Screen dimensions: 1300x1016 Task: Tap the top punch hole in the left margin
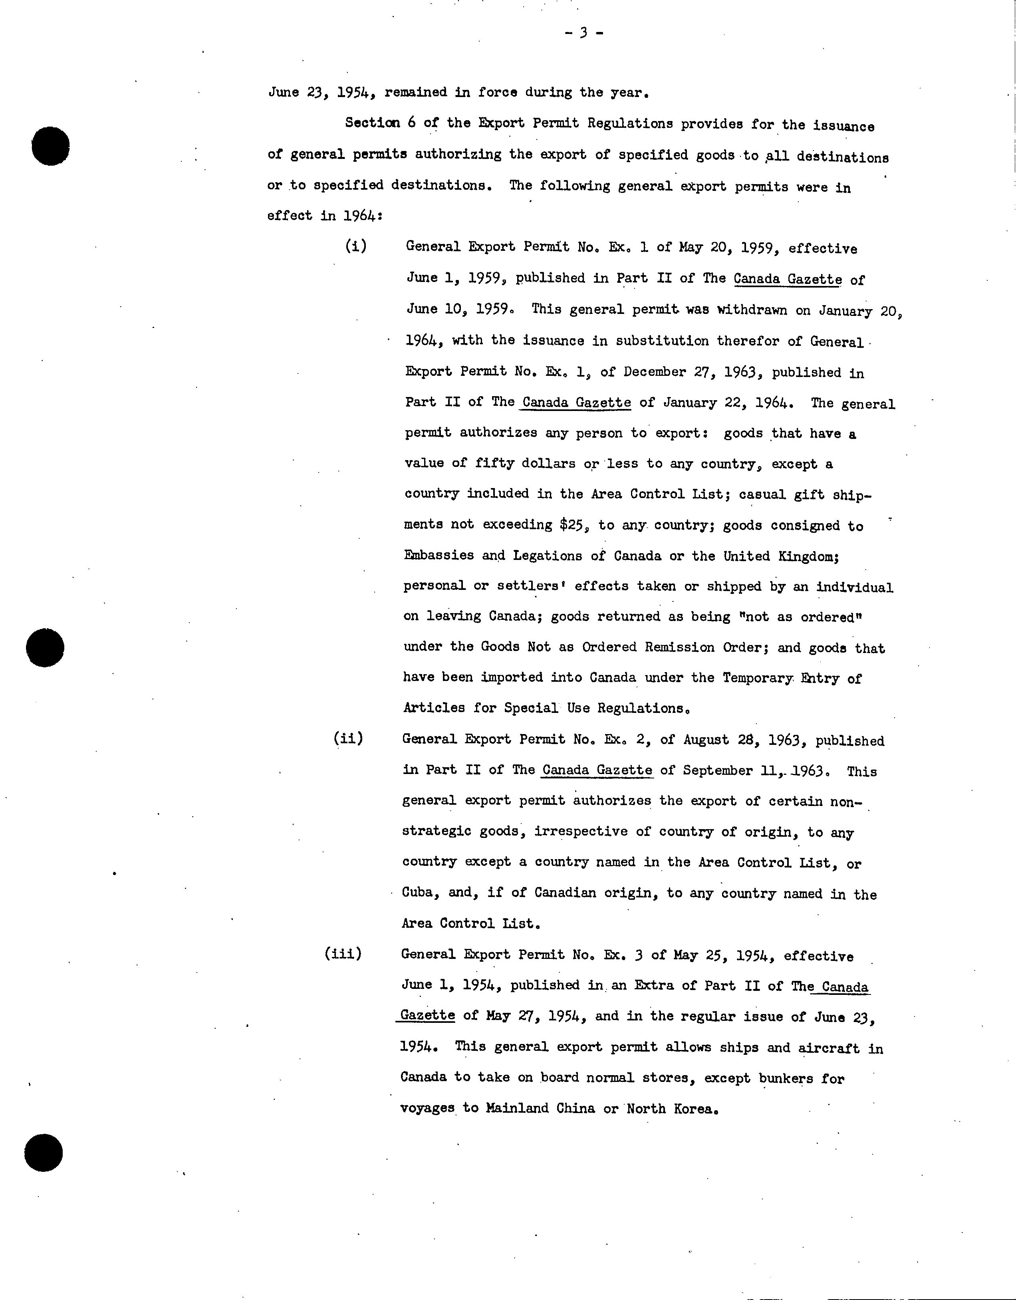click(x=51, y=146)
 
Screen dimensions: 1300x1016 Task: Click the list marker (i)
click(x=356, y=246)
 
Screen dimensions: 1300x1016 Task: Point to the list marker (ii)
click(x=348, y=739)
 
